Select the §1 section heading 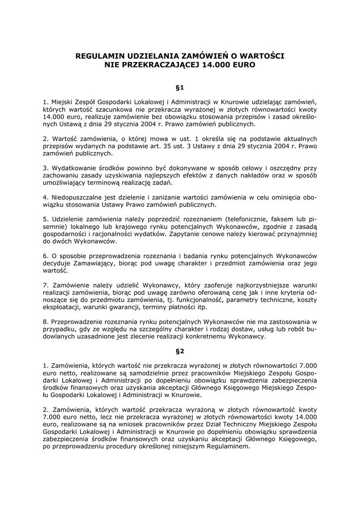pyautogui.click(x=180, y=87)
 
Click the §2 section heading pyautogui.click(x=180, y=351)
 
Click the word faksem pyautogui.click(x=282, y=219)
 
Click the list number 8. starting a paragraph pyautogui.click(x=45, y=322)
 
